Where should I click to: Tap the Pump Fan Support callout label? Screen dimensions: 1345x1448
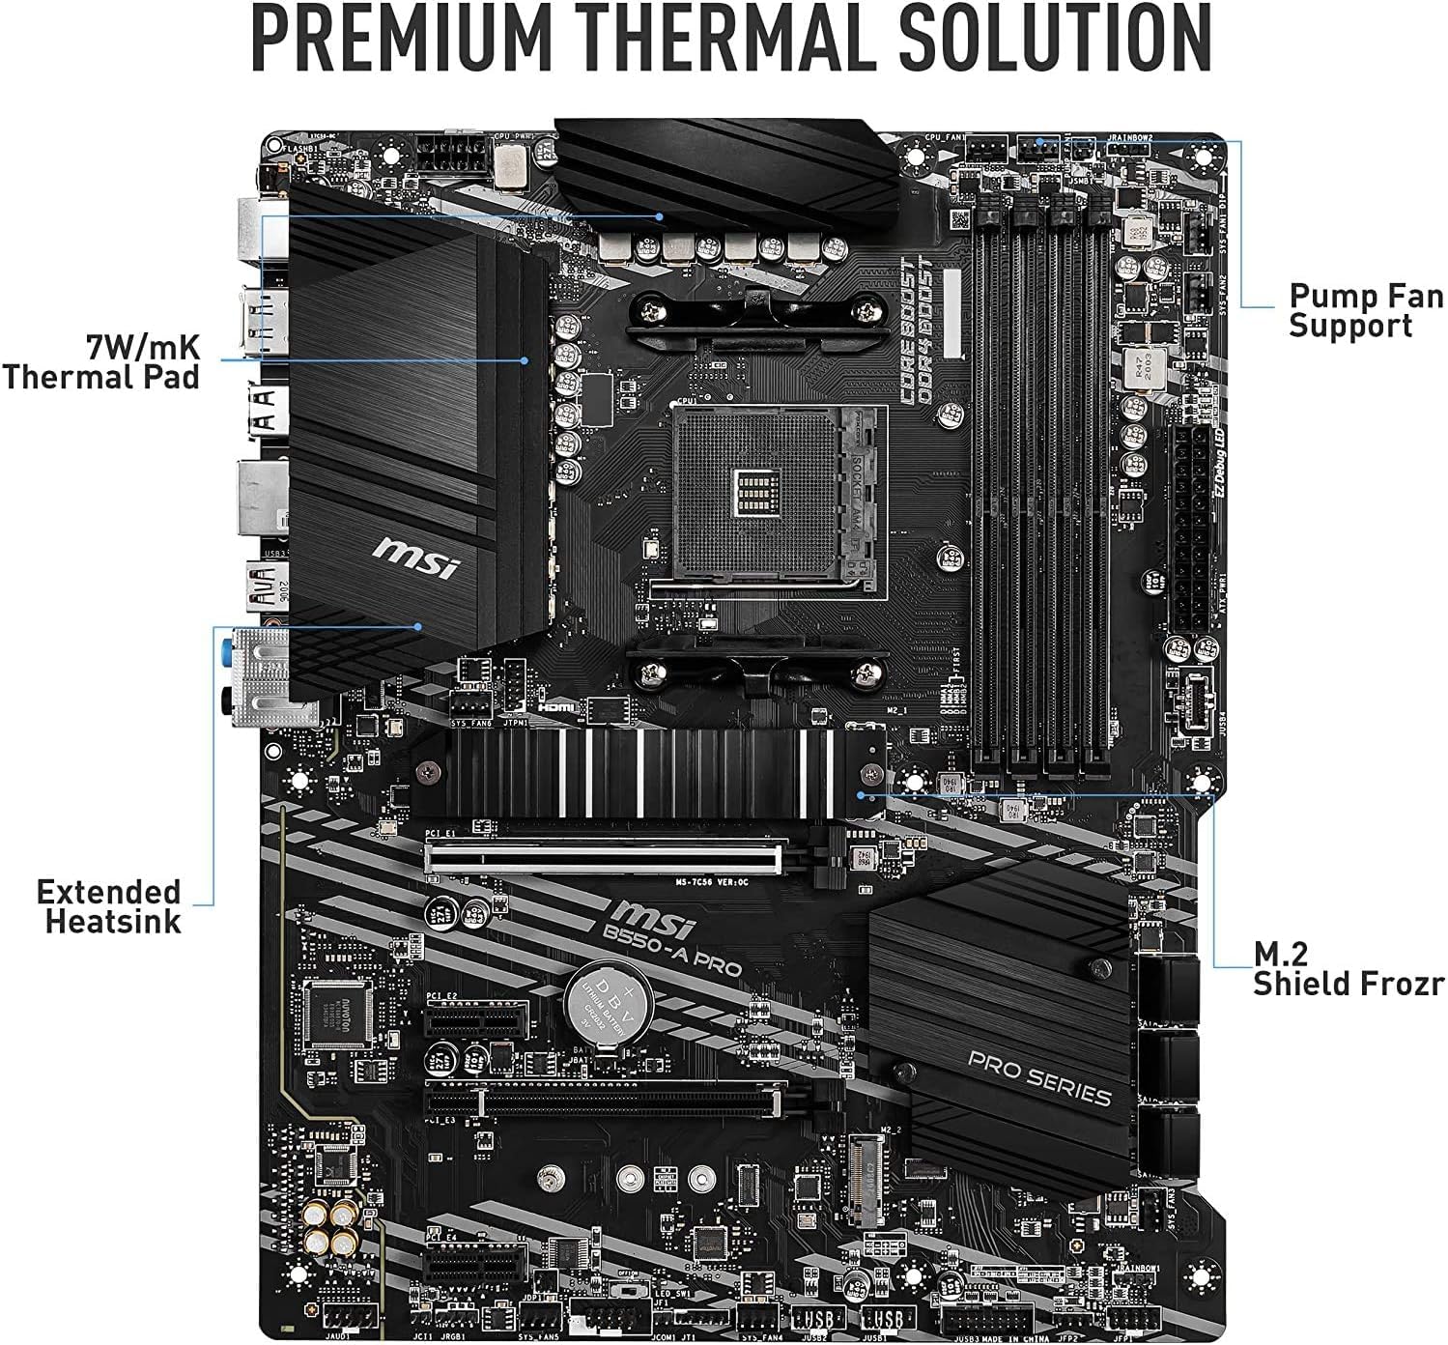coord(1366,310)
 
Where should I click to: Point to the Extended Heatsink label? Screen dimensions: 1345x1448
coord(109,905)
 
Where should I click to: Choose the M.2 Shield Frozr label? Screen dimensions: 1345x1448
coord(1349,968)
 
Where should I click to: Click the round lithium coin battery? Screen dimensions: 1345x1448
coord(609,1004)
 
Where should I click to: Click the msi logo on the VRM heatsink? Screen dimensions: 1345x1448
coord(416,554)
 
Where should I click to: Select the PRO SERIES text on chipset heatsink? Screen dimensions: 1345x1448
coord(1038,1078)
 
